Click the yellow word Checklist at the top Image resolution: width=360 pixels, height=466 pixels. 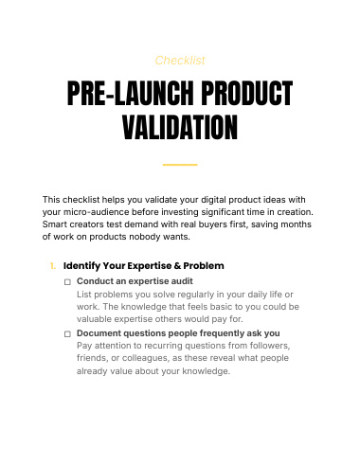180,61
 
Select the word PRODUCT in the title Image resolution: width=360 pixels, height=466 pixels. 247,93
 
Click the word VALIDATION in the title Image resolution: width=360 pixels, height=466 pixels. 180,127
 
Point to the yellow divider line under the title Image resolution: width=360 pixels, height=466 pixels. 180,165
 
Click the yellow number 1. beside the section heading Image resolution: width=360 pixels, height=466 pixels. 53,266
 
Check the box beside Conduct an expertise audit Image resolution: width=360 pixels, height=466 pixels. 67,282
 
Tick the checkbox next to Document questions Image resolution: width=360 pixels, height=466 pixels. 67,334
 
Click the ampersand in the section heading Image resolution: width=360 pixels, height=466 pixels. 177,266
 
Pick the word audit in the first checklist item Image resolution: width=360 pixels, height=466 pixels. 182,281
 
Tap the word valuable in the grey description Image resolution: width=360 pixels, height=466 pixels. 94,319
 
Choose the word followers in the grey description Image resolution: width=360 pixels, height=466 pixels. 270,346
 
